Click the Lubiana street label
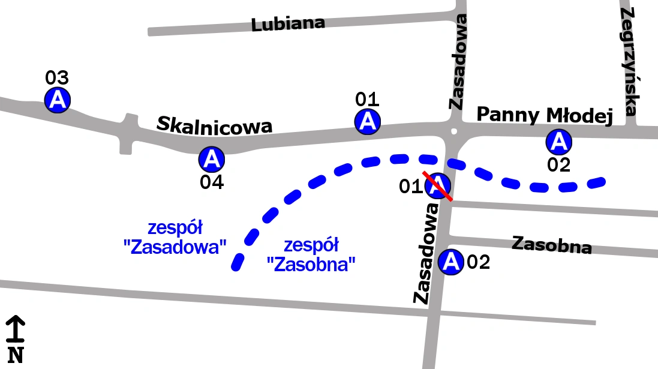pos(288,24)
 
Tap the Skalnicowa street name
pos(214,125)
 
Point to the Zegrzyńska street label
pos(629,61)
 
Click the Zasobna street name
pos(552,245)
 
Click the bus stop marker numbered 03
pos(58,99)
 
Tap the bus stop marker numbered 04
pos(211,159)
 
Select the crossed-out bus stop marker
pos(438,185)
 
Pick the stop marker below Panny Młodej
pos(558,142)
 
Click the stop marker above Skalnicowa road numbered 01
pos(367,121)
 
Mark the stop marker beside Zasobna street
pos(450,262)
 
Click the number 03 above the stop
pos(58,78)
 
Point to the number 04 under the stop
pos(212,182)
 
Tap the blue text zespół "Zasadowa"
pos(178,238)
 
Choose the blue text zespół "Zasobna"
pos(311,254)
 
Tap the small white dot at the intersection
pos(454,131)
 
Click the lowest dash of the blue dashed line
pos(238,262)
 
